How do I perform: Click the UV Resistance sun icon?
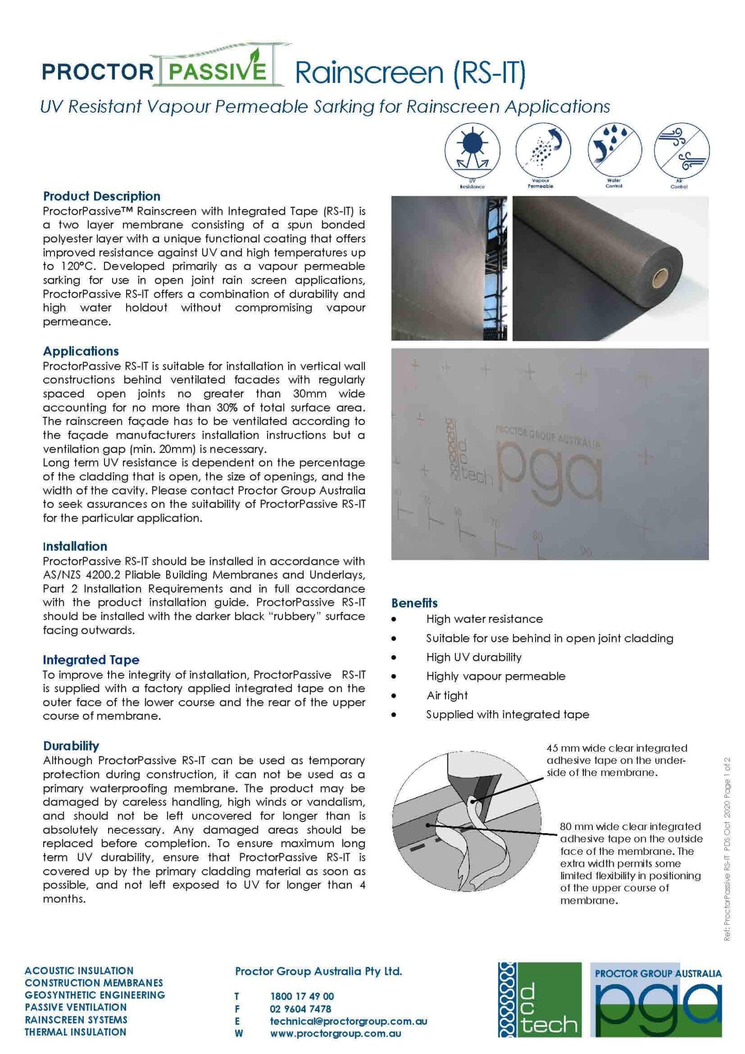click(x=472, y=150)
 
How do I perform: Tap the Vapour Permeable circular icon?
click(x=543, y=150)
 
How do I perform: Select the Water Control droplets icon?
click(x=614, y=150)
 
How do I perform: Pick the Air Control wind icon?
click(x=682, y=150)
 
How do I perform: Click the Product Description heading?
click(x=102, y=196)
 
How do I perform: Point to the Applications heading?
click(x=81, y=351)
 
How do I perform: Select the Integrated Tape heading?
click(x=91, y=660)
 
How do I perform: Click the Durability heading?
click(x=71, y=746)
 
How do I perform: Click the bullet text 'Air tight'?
click(x=447, y=695)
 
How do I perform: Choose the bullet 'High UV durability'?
click(x=474, y=657)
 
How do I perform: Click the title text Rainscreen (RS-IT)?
click(x=410, y=73)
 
